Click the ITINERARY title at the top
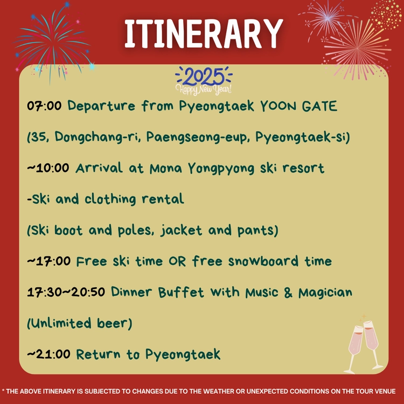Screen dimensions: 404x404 (x=204, y=33)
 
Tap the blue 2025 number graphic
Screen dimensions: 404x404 (x=204, y=76)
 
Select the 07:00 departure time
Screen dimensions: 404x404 (x=44, y=106)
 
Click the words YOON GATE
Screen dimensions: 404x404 (x=298, y=106)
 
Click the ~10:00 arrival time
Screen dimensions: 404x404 (x=48, y=168)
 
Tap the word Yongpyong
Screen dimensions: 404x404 (x=221, y=169)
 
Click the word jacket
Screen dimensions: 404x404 (x=181, y=230)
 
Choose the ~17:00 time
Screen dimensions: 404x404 (x=49, y=261)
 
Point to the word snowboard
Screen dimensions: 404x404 (x=263, y=261)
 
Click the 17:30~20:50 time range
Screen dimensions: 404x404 (x=66, y=292)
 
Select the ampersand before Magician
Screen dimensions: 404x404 (x=288, y=292)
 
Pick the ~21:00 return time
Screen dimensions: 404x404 (x=48, y=354)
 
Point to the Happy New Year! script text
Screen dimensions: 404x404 (x=204, y=89)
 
